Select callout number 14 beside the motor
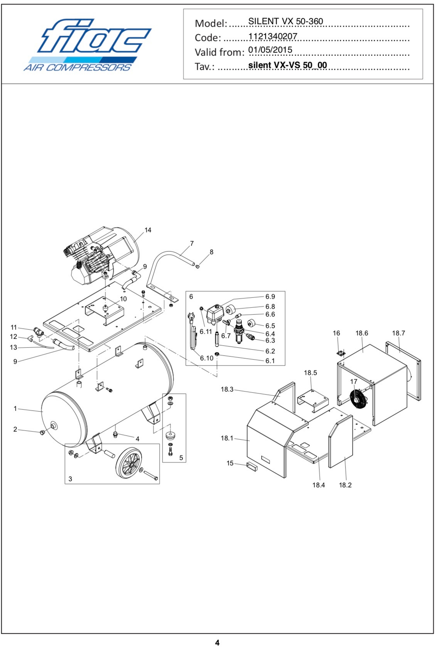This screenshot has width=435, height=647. click(x=148, y=230)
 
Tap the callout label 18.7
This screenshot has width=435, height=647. click(x=399, y=333)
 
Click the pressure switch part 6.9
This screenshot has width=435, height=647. click(x=215, y=313)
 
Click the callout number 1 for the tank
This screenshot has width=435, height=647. click(x=15, y=408)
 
